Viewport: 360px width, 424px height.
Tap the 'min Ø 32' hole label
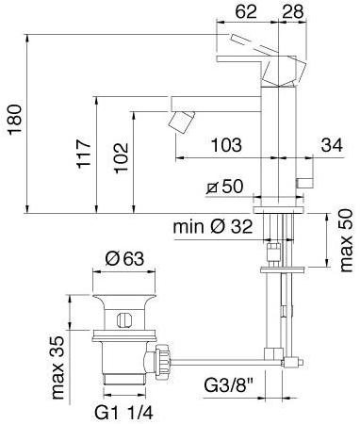(214, 227)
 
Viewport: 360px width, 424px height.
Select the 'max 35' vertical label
(59, 367)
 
